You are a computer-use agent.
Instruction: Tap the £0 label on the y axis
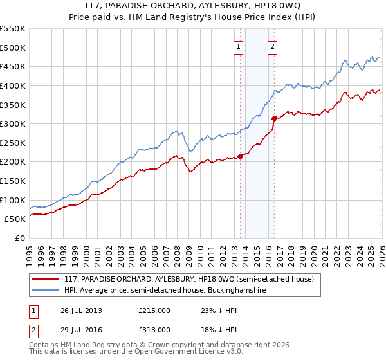pos(19,238)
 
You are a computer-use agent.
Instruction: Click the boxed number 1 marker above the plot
pos(239,46)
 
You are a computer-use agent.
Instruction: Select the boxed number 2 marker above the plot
pos(273,46)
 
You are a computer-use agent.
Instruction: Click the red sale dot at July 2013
pos(240,156)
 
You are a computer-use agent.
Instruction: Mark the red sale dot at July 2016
pos(274,118)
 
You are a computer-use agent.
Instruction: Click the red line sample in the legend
pos(46,279)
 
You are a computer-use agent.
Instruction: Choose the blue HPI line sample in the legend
pos(46,291)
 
